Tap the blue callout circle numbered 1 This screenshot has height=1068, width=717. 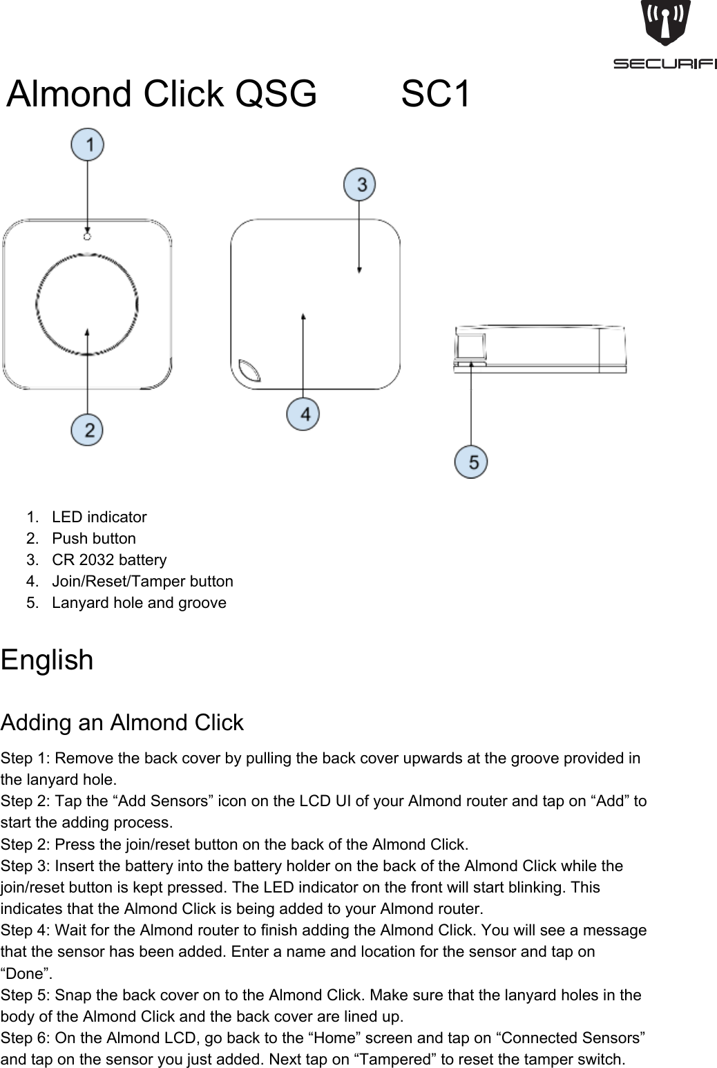pos(87,145)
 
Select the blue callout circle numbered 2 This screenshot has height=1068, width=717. pos(87,430)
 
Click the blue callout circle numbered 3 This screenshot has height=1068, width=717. pos(360,184)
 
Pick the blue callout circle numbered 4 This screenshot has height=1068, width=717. pos(303,414)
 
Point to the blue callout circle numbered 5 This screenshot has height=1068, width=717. pos(471,461)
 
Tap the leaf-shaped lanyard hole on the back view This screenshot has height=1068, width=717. pos(249,370)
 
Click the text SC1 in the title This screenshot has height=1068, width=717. pos(436,94)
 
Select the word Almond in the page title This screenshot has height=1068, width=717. pos(70,94)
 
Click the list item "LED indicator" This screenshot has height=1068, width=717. pos(99,517)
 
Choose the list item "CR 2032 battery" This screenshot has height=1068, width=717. pos(109,560)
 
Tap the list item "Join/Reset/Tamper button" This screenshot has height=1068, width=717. pos(142,581)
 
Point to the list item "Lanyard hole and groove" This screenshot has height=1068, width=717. pos(139,602)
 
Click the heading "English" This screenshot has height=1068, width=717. pos(47,660)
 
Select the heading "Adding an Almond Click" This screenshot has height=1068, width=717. pos(122,723)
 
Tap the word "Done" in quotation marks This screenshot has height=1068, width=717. pos(26,973)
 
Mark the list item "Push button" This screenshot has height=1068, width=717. pos(94,538)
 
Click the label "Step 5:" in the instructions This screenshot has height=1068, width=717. pos(26,995)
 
